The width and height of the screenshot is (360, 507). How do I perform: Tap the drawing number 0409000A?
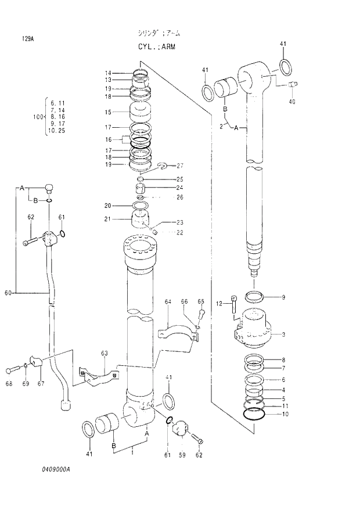56,469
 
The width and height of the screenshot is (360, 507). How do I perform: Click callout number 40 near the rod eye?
291,102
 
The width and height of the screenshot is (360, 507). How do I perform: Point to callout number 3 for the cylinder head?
283,335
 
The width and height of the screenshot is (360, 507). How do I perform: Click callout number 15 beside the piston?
108,112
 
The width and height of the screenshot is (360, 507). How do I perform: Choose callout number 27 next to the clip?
180,166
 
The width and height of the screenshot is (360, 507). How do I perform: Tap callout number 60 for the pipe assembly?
8,293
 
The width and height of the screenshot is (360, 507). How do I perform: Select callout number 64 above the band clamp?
168,302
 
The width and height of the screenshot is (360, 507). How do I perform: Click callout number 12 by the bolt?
219,304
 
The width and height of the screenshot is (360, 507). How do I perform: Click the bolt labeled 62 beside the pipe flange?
31,240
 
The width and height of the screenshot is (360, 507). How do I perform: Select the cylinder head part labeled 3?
253,328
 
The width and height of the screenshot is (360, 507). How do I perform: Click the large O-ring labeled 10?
255,415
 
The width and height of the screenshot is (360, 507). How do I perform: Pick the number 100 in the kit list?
38,117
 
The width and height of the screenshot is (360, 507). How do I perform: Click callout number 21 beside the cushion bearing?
108,218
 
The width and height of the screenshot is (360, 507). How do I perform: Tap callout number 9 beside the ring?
283,298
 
